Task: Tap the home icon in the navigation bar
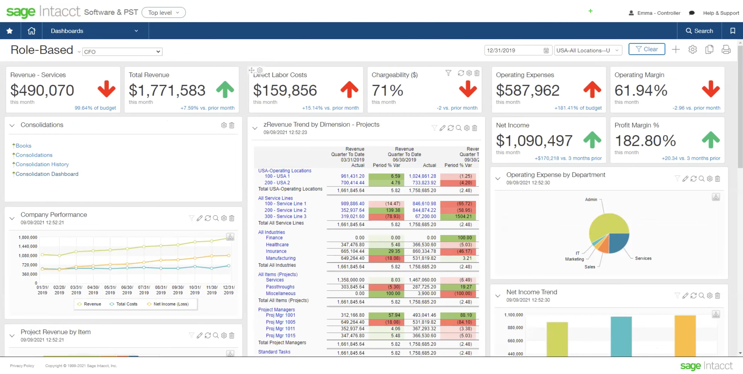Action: tap(31, 31)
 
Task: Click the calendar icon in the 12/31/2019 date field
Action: tap(546, 50)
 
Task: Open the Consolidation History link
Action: tap(42, 164)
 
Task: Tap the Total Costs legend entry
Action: tap(126, 304)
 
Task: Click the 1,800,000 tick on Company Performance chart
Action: tap(28, 237)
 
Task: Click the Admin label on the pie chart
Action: tap(591, 199)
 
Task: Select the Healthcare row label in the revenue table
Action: tap(277, 245)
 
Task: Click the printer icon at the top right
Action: tap(726, 50)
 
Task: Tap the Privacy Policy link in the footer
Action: tap(22, 366)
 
